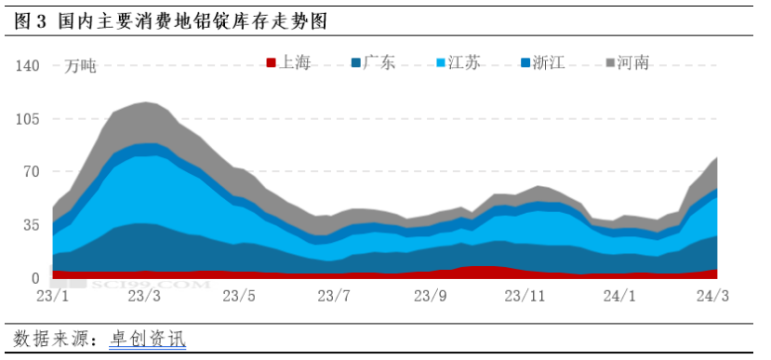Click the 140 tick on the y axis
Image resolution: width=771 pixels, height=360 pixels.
pyautogui.click(x=28, y=66)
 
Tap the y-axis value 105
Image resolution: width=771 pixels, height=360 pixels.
pyautogui.click(x=28, y=119)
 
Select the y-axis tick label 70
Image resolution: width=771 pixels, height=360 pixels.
pyautogui.click(x=31, y=172)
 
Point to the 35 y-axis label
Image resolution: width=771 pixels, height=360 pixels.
pyautogui.click(x=31, y=225)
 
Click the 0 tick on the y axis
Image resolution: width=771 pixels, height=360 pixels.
pyautogui.click(x=35, y=278)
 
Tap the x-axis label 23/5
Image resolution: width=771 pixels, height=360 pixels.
pyautogui.click(x=239, y=297)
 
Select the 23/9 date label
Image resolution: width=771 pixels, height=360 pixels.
pyautogui.click(x=429, y=297)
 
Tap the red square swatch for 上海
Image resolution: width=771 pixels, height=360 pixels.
pyautogui.click(x=271, y=63)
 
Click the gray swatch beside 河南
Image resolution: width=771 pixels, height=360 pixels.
pyautogui.click(x=611, y=63)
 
